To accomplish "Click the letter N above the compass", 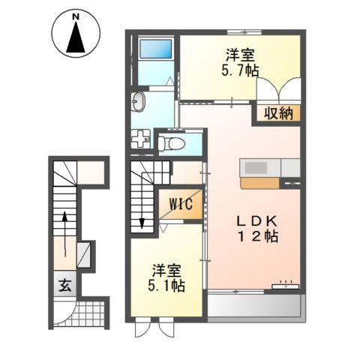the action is (x=76, y=17).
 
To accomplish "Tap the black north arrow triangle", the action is (x=76, y=37).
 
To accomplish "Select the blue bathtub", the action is (x=156, y=49).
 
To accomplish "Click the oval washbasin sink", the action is (x=138, y=102).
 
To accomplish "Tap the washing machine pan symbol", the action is (x=141, y=138).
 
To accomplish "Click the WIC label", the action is (x=181, y=204).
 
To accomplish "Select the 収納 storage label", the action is (x=279, y=114).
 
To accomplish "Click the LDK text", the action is (x=257, y=220).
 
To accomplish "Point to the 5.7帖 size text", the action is (x=240, y=70).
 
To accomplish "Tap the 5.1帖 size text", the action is (x=166, y=286).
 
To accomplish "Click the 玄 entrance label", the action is (x=65, y=285).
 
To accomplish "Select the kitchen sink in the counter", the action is (x=256, y=167).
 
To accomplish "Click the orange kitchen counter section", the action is (x=260, y=183).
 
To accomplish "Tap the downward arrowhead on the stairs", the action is (x=142, y=223).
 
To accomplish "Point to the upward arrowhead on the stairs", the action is (x=64, y=216).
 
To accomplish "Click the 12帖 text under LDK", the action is (x=258, y=237).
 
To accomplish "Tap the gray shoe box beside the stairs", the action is (x=83, y=254).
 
